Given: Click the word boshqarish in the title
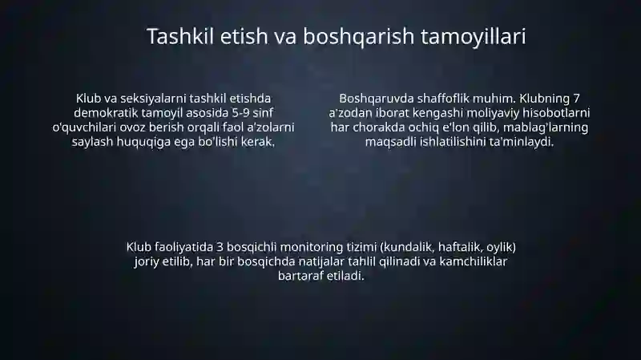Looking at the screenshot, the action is click(x=358, y=37).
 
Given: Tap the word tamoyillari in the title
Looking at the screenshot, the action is click(x=474, y=37).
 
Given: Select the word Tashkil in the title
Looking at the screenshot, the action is click(x=181, y=36).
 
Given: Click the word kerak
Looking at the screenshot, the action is click(x=261, y=142).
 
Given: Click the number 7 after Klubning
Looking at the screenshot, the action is click(x=576, y=99).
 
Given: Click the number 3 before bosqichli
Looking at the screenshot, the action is click(x=220, y=247).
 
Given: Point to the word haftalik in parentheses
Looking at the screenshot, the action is click(x=461, y=248).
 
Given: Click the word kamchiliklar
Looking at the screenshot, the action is click(x=473, y=261).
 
